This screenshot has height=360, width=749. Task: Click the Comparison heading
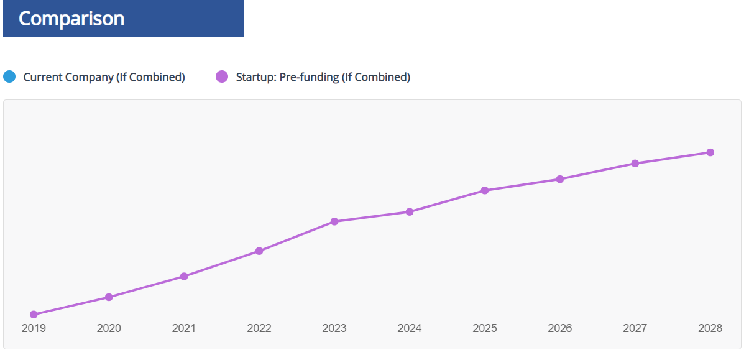tap(71, 19)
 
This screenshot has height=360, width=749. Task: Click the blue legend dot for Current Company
tap(9, 77)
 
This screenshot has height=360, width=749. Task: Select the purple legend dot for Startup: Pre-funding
tap(222, 77)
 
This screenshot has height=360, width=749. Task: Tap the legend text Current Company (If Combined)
tap(104, 77)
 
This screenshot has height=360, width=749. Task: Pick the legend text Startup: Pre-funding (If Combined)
tap(323, 77)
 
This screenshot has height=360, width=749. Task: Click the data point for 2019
tap(34, 315)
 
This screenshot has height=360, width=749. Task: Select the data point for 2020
tap(109, 297)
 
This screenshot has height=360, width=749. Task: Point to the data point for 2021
tap(184, 276)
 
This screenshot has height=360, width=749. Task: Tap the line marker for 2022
tap(259, 251)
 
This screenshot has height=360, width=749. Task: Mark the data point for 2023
tap(334, 221)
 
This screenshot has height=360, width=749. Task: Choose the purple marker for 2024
tap(410, 212)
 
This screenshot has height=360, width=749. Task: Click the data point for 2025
tap(485, 190)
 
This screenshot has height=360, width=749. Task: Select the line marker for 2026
tap(560, 179)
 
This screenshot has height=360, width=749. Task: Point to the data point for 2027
tap(635, 164)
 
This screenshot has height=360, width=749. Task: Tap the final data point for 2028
tap(710, 152)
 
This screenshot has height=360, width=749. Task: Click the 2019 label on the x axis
tap(34, 328)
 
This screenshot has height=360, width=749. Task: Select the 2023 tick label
tap(334, 328)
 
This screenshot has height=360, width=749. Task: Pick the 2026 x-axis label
tap(560, 328)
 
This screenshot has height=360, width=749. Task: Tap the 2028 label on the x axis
tap(710, 328)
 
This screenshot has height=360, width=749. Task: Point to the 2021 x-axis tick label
tap(184, 328)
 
